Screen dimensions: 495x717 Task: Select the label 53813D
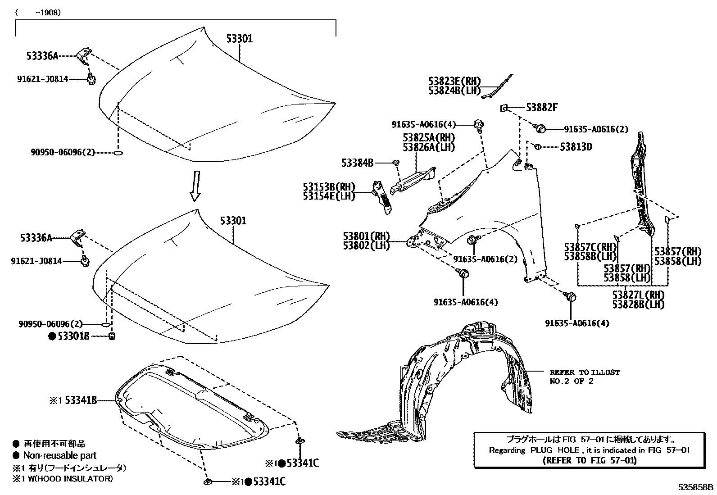576,147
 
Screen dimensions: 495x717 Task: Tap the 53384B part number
357,163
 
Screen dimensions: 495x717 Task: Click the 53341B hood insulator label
81,400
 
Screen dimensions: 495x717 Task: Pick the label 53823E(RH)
454,82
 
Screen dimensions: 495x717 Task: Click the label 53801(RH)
366,236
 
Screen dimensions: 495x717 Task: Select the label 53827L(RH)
638,295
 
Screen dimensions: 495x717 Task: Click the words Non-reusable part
60,455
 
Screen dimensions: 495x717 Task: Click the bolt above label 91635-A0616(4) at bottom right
571,297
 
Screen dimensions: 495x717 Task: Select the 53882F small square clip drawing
504,108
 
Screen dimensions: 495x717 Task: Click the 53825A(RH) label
428,137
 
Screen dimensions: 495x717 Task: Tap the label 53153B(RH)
329,186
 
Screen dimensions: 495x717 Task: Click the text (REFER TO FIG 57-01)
589,460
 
